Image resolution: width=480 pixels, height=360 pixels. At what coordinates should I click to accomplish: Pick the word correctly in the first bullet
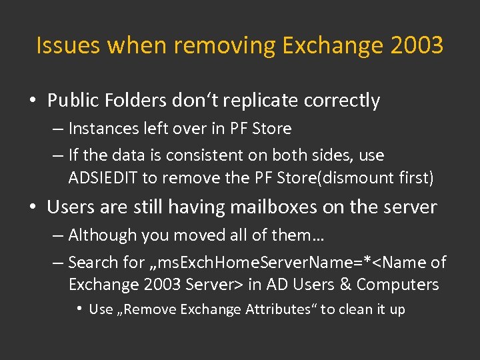[x=342, y=101]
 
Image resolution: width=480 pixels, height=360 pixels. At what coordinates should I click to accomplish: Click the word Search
[x=92, y=263]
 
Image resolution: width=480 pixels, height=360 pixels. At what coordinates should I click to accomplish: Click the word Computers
[x=398, y=285]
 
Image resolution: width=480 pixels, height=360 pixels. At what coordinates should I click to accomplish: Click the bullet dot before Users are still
[x=33, y=208]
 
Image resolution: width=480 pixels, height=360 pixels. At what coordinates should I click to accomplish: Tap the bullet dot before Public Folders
[x=33, y=101]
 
